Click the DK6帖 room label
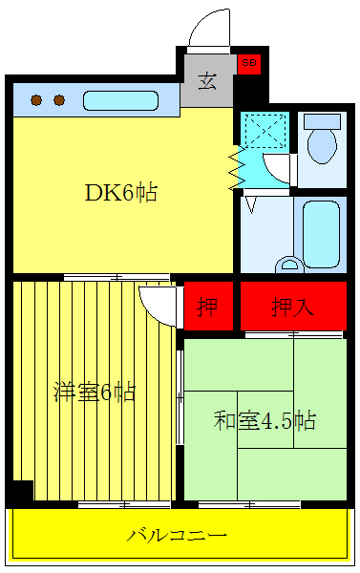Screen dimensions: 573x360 tap(121, 192)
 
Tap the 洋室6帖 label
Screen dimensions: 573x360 tap(94, 391)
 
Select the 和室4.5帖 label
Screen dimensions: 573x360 tap(265, 419)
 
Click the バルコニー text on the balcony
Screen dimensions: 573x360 tap(178, 534)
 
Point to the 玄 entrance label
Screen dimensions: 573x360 tap(207, 81)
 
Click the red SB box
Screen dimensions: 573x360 tap(249, 64)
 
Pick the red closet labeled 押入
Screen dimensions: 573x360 tap(292, 308)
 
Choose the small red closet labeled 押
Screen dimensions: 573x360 tap(207, 308)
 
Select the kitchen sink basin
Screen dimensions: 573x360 tap(125, 99)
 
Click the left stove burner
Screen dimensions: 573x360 tap(36, 99)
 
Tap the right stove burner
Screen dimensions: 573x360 tap(58, 99)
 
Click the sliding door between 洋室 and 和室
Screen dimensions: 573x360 tap(180, 397)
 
